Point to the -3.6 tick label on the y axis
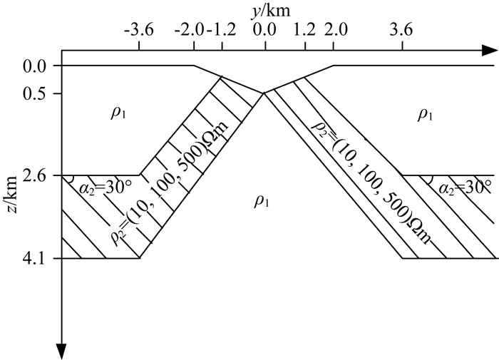138,31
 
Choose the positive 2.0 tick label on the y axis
334,31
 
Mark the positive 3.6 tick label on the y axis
403,31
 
